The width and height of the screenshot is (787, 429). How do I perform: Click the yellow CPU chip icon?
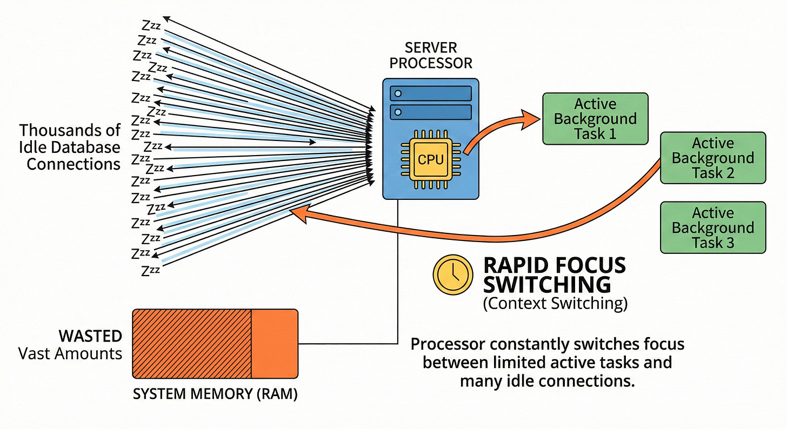(x=431, y=159)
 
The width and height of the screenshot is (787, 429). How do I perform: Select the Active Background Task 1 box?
(x=595, y=118)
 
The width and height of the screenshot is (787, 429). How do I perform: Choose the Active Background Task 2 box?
(x=713, y=158)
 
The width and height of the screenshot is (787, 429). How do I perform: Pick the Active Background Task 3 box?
(x=713, y=227)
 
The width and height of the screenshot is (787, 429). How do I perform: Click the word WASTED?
(x=90, y=336)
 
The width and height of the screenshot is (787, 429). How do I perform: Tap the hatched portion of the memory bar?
(x=192, y=344)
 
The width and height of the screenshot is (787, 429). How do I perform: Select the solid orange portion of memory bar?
(x=275, y=344)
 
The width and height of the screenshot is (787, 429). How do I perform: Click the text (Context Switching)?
(x=555, y=304)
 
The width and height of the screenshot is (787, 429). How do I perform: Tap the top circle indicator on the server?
(x=398, y=93)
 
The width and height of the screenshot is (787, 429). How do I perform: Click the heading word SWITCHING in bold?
(x=546, y=284)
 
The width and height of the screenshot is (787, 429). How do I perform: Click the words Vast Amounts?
(x=70, y=354)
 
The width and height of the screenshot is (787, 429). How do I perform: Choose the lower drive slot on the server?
(x=431, y=112)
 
